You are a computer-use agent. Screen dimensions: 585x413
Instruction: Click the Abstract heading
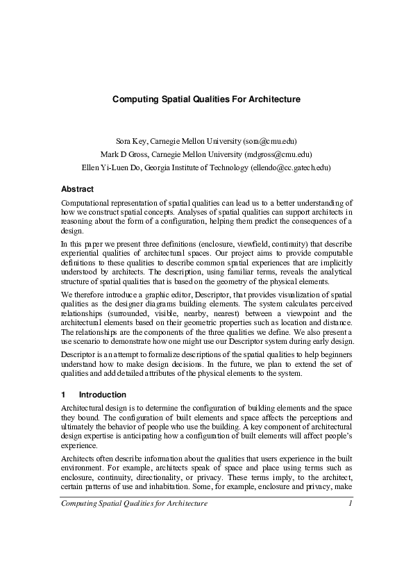point(77,189)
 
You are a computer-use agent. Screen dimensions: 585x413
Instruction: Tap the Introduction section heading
point(103,395)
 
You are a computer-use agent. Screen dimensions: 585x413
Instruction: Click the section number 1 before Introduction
point(64,395)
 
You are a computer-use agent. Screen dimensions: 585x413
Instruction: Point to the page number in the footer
point(351,503)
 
